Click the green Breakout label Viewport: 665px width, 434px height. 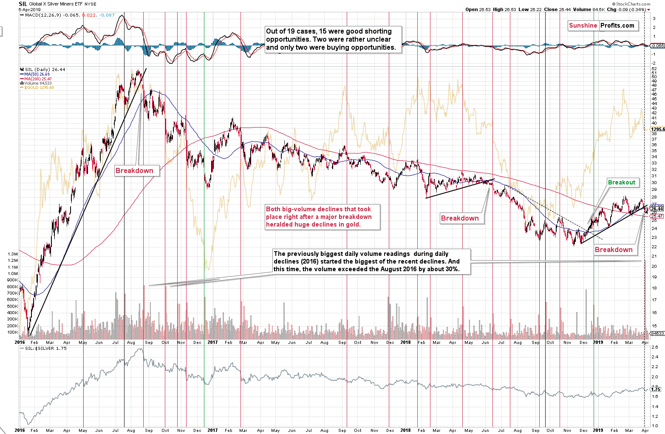pos(621,182)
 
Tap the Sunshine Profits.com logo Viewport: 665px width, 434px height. pos(601,26)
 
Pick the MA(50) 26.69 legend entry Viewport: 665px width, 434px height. pos(37,74)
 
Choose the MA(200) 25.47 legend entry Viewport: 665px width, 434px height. pos(38,79)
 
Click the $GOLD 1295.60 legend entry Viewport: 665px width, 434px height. pos(39,88)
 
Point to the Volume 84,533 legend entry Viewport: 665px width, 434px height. pos(38,83)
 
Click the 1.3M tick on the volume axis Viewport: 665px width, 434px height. pos(12,254)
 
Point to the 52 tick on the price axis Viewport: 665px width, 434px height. pos(654,69)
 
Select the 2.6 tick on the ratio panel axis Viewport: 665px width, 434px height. pos(655,347)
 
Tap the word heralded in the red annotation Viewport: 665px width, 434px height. pos(280,224)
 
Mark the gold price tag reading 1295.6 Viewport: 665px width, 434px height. pos(657,129)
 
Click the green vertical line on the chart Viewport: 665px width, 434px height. pos(204,170)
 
